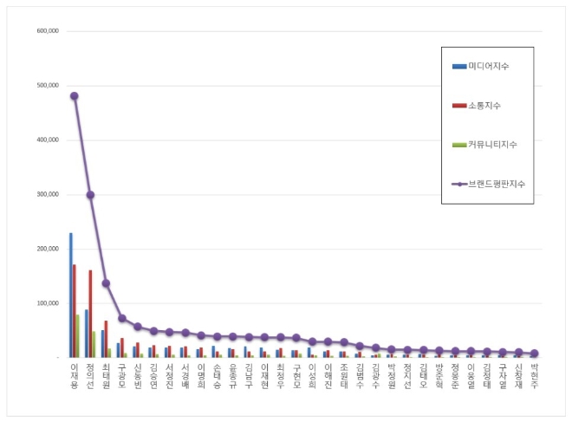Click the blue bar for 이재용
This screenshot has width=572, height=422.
click(x=71, y=295)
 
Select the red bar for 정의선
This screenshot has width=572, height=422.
click(x=90, y=313)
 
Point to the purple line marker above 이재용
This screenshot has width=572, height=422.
click(x=75, y=96)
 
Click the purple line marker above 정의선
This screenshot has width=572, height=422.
click(x=90, y=195)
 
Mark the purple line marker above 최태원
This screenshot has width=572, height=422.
click(x=106, y=282)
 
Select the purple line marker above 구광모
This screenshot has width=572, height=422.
click(x=122, y=318)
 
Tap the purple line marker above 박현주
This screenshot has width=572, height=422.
click(x=534, y=354)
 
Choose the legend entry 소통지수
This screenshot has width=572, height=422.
click(x=484, y=105)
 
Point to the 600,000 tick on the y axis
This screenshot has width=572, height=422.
click(x=48, y=31)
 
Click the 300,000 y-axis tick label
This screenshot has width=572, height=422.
click(x=48, y=194)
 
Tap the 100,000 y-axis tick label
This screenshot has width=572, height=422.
click(x=48, y=303)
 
